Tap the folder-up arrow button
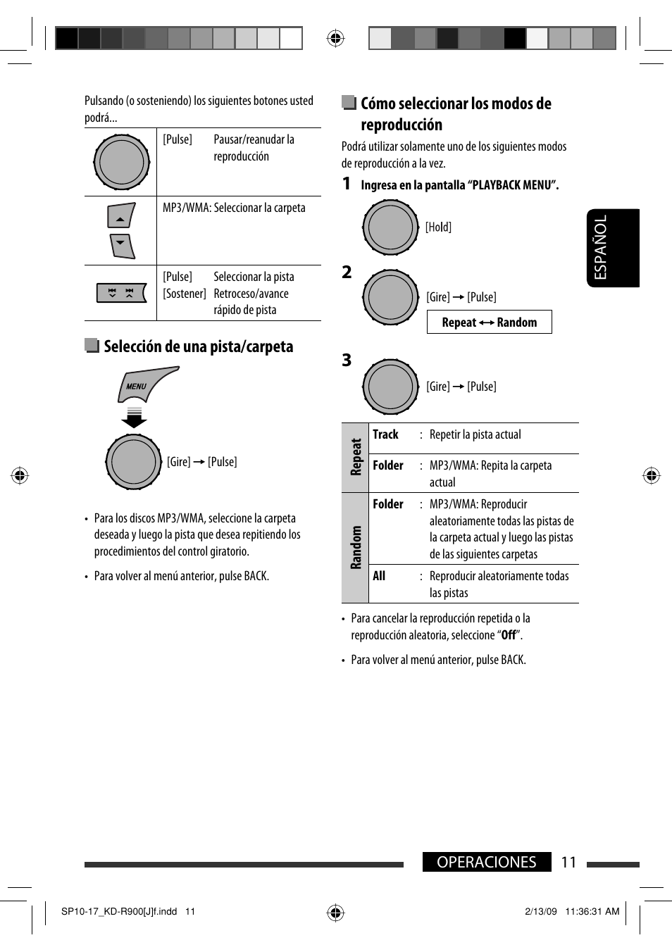click(x=120, y=216)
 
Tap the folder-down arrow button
click(x=122, y=246)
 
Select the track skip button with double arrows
click(x=121, y=292)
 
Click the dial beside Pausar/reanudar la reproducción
click(x=121, y=162)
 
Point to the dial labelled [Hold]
click(x=390, y=227)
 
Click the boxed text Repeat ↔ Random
click(x=489, y=322)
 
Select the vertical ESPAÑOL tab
click(x=612, y=248)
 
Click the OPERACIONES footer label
click(x=486, y=862)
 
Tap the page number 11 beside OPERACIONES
click(x=568, y=862)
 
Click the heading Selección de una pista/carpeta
click(x=198, y=346)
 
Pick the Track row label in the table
click(x=385, y=434)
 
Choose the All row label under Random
click(x=379, y=576)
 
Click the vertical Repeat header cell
click(x=355, y=457)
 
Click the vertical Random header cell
click(x=355, y=547)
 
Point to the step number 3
click(x=347, y=361)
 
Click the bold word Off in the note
click(x=509, y=635)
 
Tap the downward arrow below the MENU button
click(x=134, y=418)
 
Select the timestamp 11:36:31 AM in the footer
click(x=592, y=911)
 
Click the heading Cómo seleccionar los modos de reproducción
click(x=456, y=114)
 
